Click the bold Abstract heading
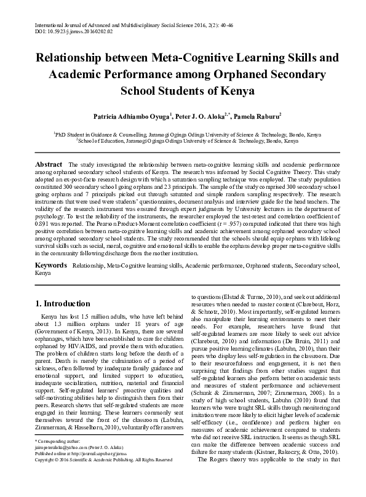click(x=49, y=165)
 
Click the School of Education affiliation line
click(x=183, y=140)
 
